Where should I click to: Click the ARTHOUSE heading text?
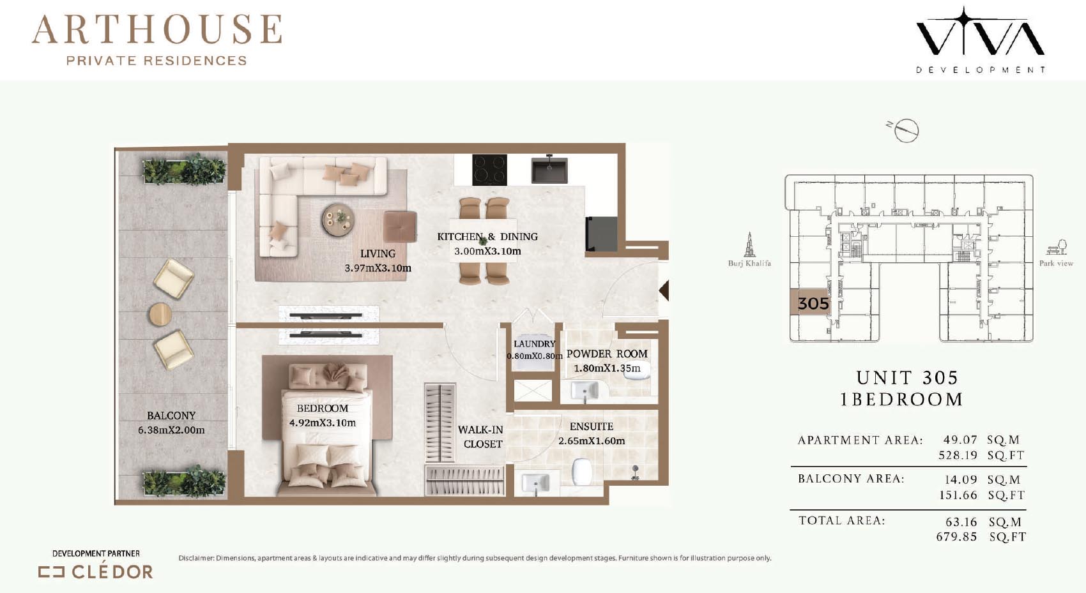point(157,29)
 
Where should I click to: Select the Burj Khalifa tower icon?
point(749,244)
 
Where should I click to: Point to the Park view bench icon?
point(1057,247)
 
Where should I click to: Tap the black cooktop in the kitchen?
point(490,170)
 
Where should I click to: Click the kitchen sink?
point(549,169)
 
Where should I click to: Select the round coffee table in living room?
point(337,220)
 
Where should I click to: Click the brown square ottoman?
point(400,226)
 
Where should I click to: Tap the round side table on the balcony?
point(160,315)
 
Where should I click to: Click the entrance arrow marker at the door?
point(664,290)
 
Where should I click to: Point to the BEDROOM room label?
point(323,409)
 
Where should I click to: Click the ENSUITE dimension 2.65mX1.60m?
point(592,441)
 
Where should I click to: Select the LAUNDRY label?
point(534,343)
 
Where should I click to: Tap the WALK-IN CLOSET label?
point(482,437)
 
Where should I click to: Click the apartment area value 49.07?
point(960,440)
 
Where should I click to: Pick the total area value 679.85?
point(956,537)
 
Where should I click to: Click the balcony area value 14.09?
point(961,479)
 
